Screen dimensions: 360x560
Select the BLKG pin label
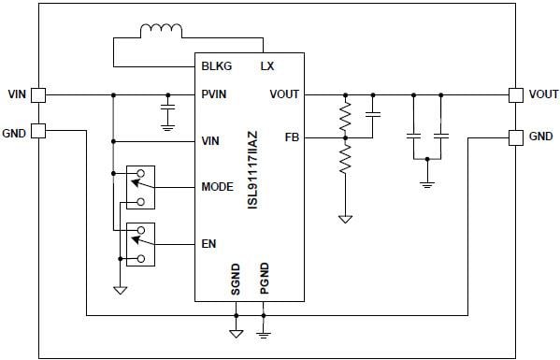pos(217,66)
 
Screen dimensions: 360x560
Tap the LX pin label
pos(266,66)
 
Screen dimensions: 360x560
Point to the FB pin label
pos(291,137)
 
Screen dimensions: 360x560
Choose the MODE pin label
pos(217,187)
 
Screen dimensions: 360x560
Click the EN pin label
pos(208,244)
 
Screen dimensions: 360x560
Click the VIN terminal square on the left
pos(38,94)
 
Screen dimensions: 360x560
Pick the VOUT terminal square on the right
pos(514,94)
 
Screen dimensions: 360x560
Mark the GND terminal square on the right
pos(514,137)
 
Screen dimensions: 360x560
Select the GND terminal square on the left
pos(38,131)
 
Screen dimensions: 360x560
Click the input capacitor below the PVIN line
pos(168,113)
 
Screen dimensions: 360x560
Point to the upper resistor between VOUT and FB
pos(345,116)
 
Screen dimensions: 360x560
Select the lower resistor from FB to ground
pos(345,159)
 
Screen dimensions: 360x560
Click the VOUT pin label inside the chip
pos(284,94)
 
